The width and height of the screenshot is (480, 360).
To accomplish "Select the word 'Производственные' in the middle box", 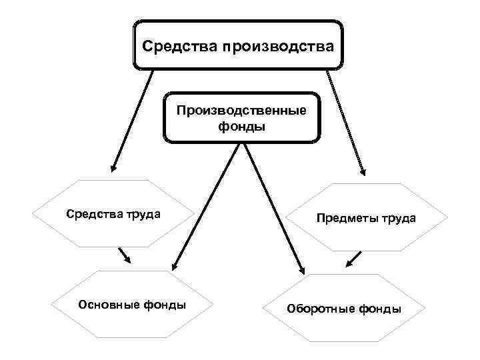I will coord(241,109).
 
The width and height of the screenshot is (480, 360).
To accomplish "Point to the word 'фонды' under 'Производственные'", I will coord(241,125).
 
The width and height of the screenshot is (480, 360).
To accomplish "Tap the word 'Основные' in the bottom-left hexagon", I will coord(108,305).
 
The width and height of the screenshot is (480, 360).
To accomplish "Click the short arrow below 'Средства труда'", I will coord(124,255).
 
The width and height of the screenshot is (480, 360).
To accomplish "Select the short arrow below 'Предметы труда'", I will coord(354,259).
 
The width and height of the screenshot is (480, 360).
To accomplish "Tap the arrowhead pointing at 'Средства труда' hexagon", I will coord(114,168).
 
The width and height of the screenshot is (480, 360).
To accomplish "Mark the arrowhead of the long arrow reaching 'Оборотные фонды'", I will coord(302,269).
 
